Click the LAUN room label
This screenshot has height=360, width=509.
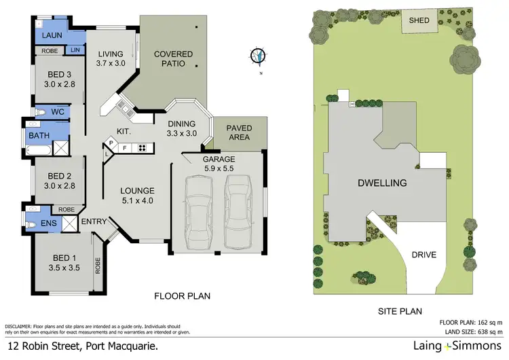(x=52, y=36)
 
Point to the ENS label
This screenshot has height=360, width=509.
(x=48, y=222)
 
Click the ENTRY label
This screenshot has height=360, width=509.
(x=94, y=221)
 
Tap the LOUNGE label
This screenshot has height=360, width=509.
(x=137, y=191)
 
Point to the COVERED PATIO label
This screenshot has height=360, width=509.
(x=173, y=59)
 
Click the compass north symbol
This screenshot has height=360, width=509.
(x=258, y=56)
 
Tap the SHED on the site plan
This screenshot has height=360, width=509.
(x=419, y=21)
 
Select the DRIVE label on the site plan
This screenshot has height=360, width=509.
(x=425, y=255)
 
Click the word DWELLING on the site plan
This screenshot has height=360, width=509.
(x=383, y=183)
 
